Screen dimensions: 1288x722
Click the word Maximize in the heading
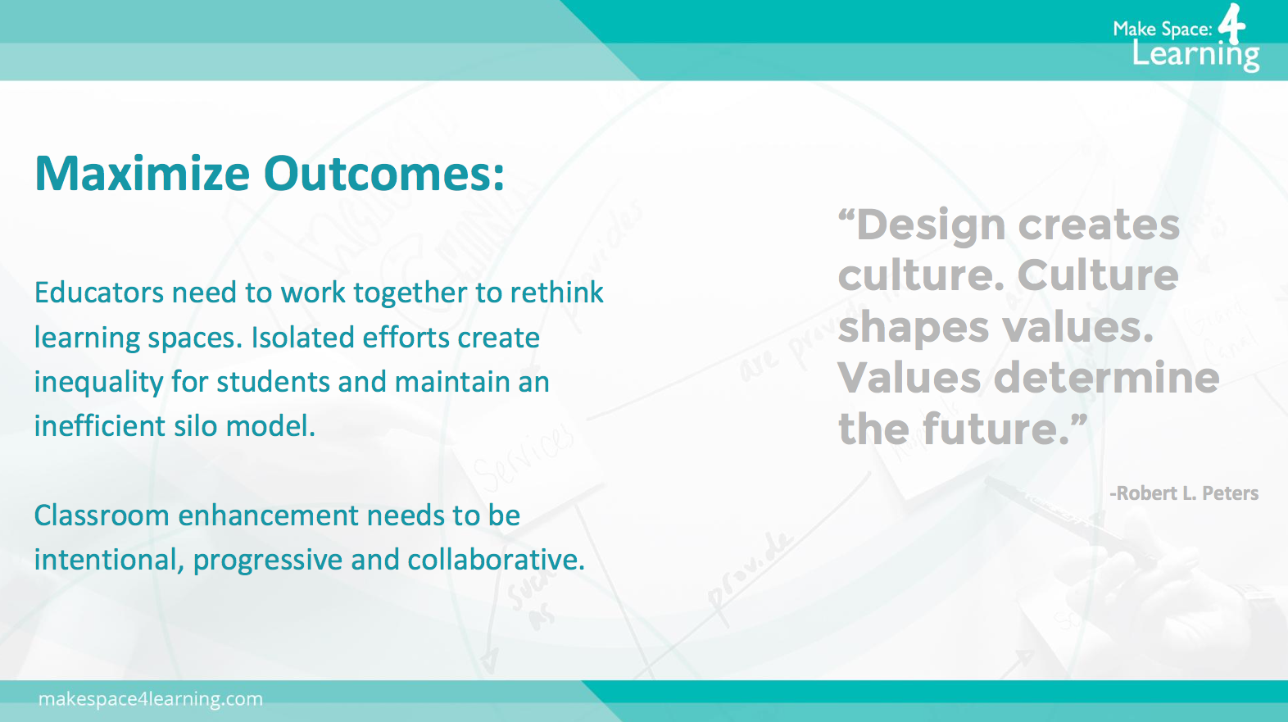[x=142, y=173]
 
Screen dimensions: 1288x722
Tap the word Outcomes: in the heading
[x=384, y=173]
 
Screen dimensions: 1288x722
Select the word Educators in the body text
[x=99, y=293]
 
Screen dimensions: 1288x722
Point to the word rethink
[x=556, y=293]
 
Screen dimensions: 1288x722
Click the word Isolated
[x=302, y=337]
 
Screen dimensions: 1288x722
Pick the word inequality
[x=98, y=383]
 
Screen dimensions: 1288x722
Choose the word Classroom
[x=102, y=515]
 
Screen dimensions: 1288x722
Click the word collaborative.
[x=496, y=560]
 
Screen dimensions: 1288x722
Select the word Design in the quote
[x=930, y=225]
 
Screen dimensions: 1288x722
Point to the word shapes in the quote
[x=913, y=328]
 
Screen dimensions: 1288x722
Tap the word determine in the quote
[x=1106, y=378]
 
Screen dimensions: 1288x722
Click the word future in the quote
[x=995, y=429]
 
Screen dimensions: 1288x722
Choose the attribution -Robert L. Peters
[x=1183, y=493]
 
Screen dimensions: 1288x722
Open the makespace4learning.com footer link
[x=151, y=699]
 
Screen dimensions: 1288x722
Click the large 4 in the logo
[x=1231, y=23]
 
